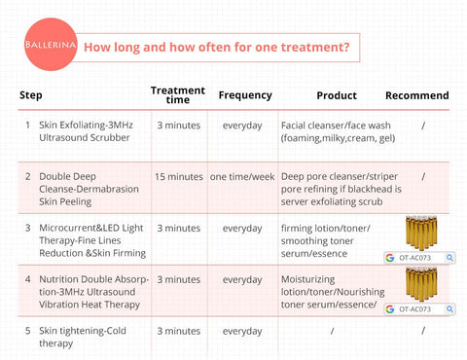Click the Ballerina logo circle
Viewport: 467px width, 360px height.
pyautogui.click(x=48, y=46)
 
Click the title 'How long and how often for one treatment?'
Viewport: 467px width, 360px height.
pyautogui.click(x=216, y=47)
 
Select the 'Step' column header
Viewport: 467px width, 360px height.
pyautogui.click(x=30, y=96)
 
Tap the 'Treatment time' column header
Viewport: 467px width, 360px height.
pyautogui.click(x=178, y=94)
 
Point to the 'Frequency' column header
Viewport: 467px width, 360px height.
pyautogui.click(x=244, y=95)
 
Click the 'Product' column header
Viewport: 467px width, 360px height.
pyautogui.click(x=337, y=95)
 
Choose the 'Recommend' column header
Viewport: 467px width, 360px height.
pyautogui.click(x=416, y=95)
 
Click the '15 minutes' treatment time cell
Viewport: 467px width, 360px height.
pyautogui.click(x=179, y=176)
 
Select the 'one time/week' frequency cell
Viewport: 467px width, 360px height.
pyautogui.click(x=242, y=176)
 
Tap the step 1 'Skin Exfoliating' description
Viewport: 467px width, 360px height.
pyautogui.click(x=89, y=132)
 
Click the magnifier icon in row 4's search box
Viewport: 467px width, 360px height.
pyautogui.click(x=449, y=309)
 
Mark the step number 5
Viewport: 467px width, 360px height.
pyautogui.click(x=27, y=331)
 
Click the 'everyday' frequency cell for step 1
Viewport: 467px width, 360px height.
pyautogui.click(x=242, y=126)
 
